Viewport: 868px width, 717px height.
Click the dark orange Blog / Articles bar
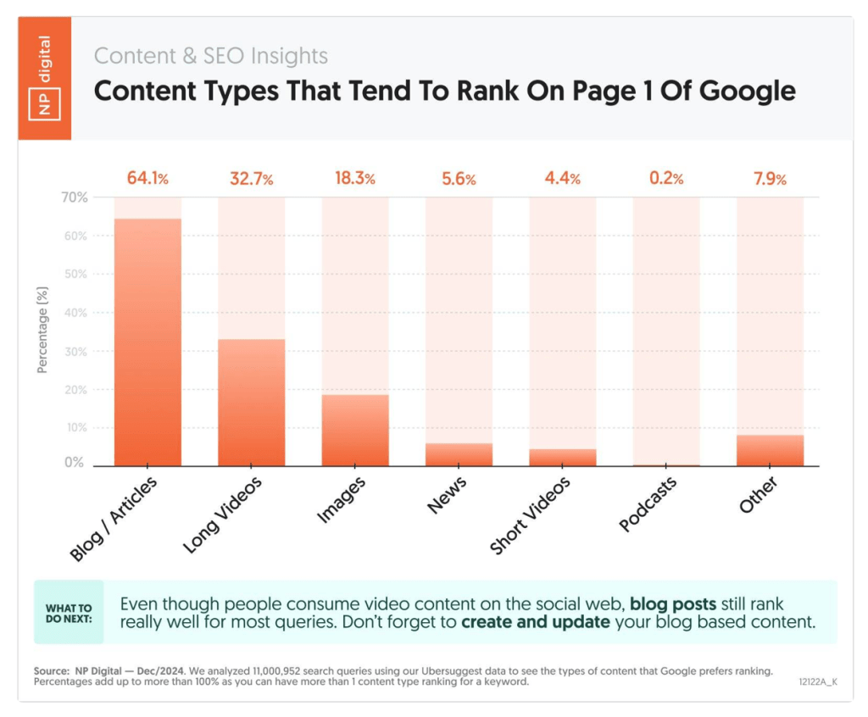point(147,342)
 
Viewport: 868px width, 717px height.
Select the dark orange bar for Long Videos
point(251,403)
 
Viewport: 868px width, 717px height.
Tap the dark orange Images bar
point(355,431)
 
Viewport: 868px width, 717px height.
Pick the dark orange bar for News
point(459,454)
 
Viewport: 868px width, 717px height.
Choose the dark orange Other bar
point(770,450)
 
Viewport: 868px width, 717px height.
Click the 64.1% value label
point(147,179)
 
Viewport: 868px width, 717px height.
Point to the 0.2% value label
point(666,179)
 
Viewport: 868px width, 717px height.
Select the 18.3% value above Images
point(355,179)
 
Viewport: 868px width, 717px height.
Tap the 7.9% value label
point(770,179)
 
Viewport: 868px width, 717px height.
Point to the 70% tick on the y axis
point(73,197)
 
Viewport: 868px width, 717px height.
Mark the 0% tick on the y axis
point(76,464)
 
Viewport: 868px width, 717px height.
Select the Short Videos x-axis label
point(531,515)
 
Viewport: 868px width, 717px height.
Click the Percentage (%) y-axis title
point(43,331)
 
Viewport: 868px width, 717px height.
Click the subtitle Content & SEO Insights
point(210,56)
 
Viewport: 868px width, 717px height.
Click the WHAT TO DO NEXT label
point(69,613)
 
